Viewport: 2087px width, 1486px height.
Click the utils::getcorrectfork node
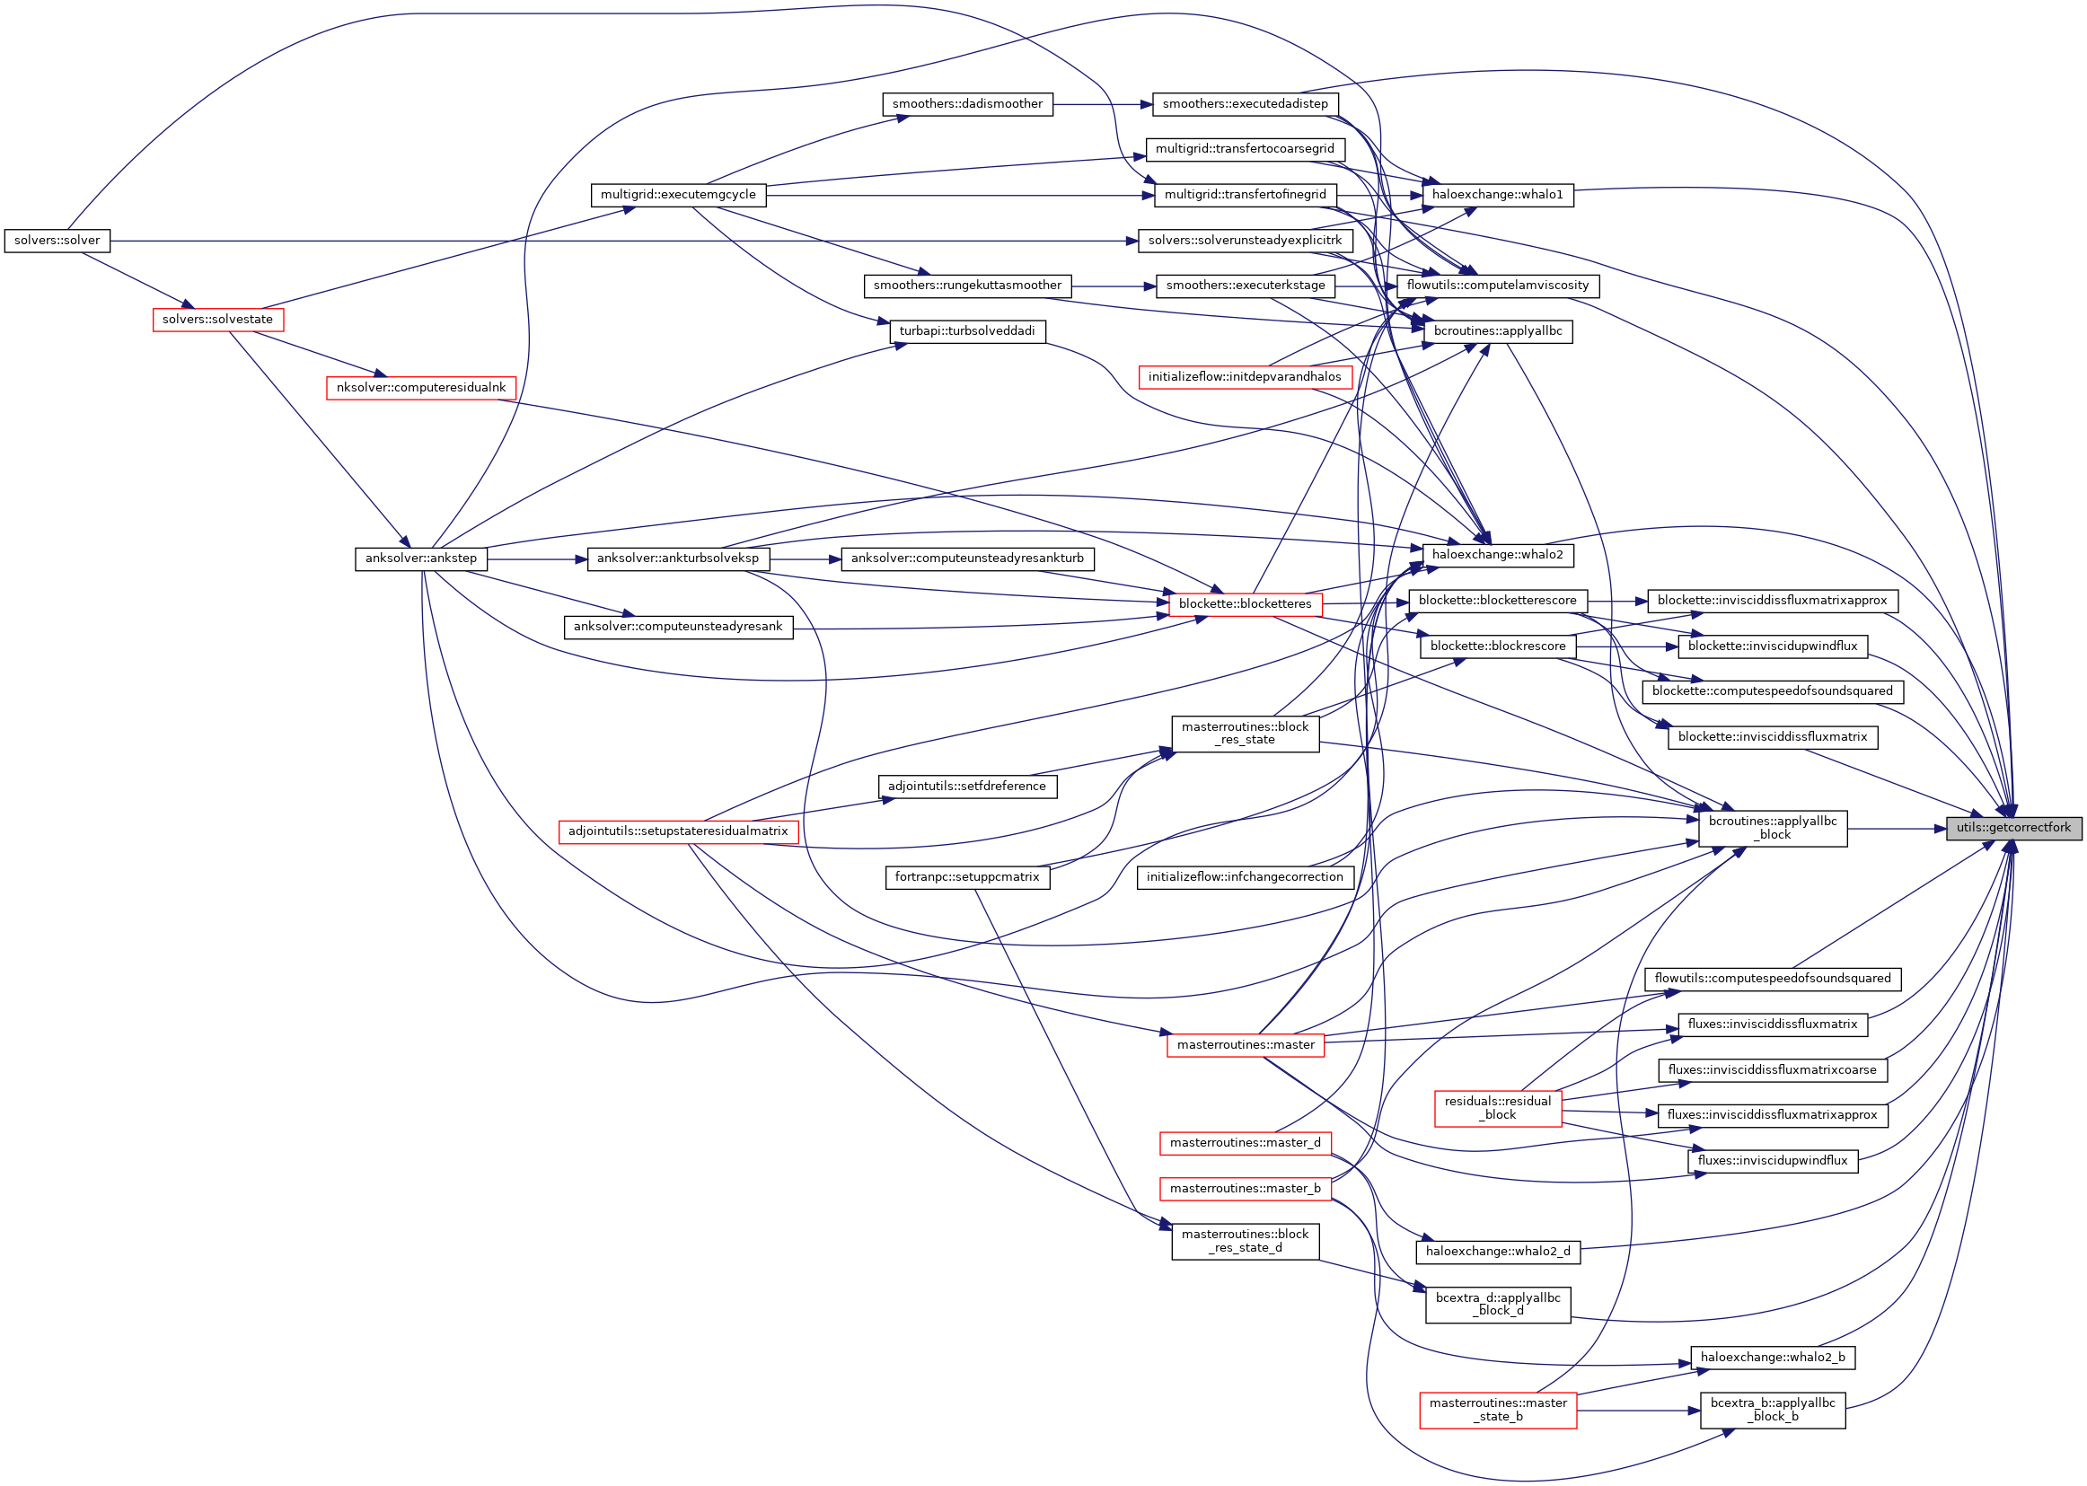click(x=2012, y=828)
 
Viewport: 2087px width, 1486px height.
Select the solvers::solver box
click(x=57, y=241)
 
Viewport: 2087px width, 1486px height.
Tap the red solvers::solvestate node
click(x=217, y=320)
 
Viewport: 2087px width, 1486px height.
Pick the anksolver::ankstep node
click(x=421, y=558)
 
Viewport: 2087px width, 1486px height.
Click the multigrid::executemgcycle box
click(x=678, y=195)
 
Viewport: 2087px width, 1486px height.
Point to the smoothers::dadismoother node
click(x=967, y=104)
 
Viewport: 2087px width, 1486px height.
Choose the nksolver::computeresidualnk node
click(x=421, y=388)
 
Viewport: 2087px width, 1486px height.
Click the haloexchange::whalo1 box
click(x=1498, y=195)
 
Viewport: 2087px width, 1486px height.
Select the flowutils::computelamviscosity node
click(x=1498, y=286)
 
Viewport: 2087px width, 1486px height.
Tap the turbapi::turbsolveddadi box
click(x=967, y=331)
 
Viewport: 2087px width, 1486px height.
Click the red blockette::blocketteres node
click(x=1245, y=604)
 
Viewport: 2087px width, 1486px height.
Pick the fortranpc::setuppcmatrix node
click(x=967, y=877)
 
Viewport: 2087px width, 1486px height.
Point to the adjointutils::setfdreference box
click(x=967, y=787)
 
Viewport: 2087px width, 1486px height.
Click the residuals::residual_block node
click(x=1498, y=1108)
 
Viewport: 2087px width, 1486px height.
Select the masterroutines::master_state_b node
click(x=1498, y=1410)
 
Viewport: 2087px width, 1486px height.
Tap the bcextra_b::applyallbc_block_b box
click(x=1773, y=1410)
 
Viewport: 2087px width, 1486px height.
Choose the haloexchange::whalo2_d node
click(x=1498, y=1252)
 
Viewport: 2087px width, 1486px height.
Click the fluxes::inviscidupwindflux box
click(x=1773, y=1161)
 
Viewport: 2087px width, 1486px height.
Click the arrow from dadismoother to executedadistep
click(x=1103, y=104)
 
